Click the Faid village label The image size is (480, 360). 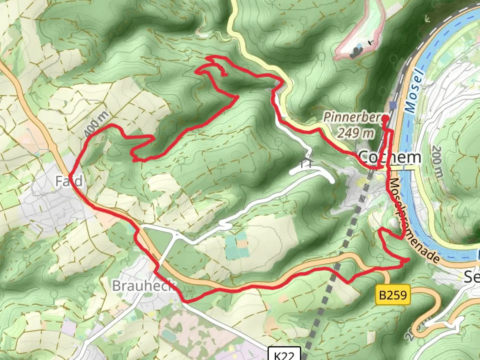pos(69,181)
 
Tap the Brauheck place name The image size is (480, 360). pos(143,286)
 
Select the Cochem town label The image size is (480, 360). pos(389,157)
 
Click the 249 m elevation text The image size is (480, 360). pos(356,133)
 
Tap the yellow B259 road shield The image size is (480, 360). pos(393,295)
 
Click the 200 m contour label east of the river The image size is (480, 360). pos(437,161)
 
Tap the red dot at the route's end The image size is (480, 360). pos(385,118)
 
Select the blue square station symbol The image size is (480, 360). pos(393,105)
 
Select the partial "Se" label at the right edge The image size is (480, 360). pos(472,277)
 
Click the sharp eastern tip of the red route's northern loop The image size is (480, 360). pos(238,97)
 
